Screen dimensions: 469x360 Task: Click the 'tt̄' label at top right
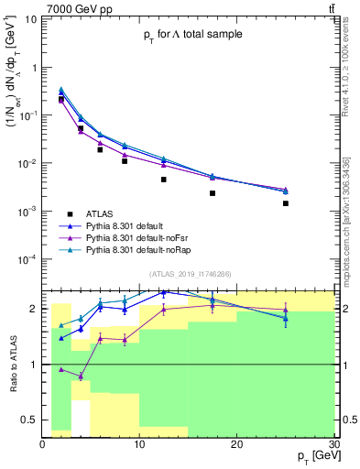tap(330, 7)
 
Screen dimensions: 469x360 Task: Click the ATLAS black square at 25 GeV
tap(286, 203)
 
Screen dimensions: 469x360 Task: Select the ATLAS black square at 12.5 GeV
tap(164, 180)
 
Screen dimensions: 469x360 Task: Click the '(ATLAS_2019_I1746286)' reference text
tap(191, 273)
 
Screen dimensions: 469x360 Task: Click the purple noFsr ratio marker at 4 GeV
tap(81, 376)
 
